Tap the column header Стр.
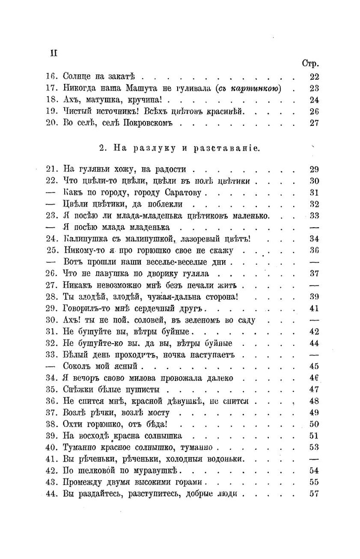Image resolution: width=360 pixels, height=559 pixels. point(310,64)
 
